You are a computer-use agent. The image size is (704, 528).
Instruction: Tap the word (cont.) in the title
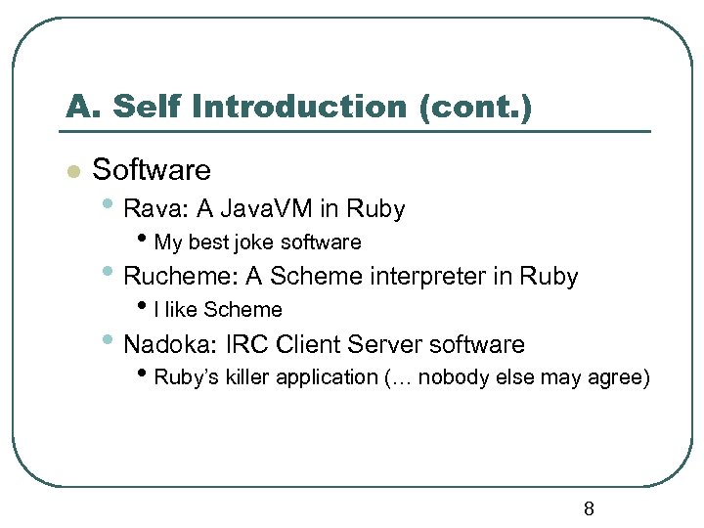click(475, 106)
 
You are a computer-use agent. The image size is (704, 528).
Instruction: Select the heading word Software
click(152, 170)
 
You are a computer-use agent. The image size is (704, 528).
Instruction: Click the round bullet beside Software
click(70, 172)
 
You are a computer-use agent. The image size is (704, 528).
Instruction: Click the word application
click(327, 377)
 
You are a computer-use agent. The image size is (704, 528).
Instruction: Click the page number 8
click(589, 508)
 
